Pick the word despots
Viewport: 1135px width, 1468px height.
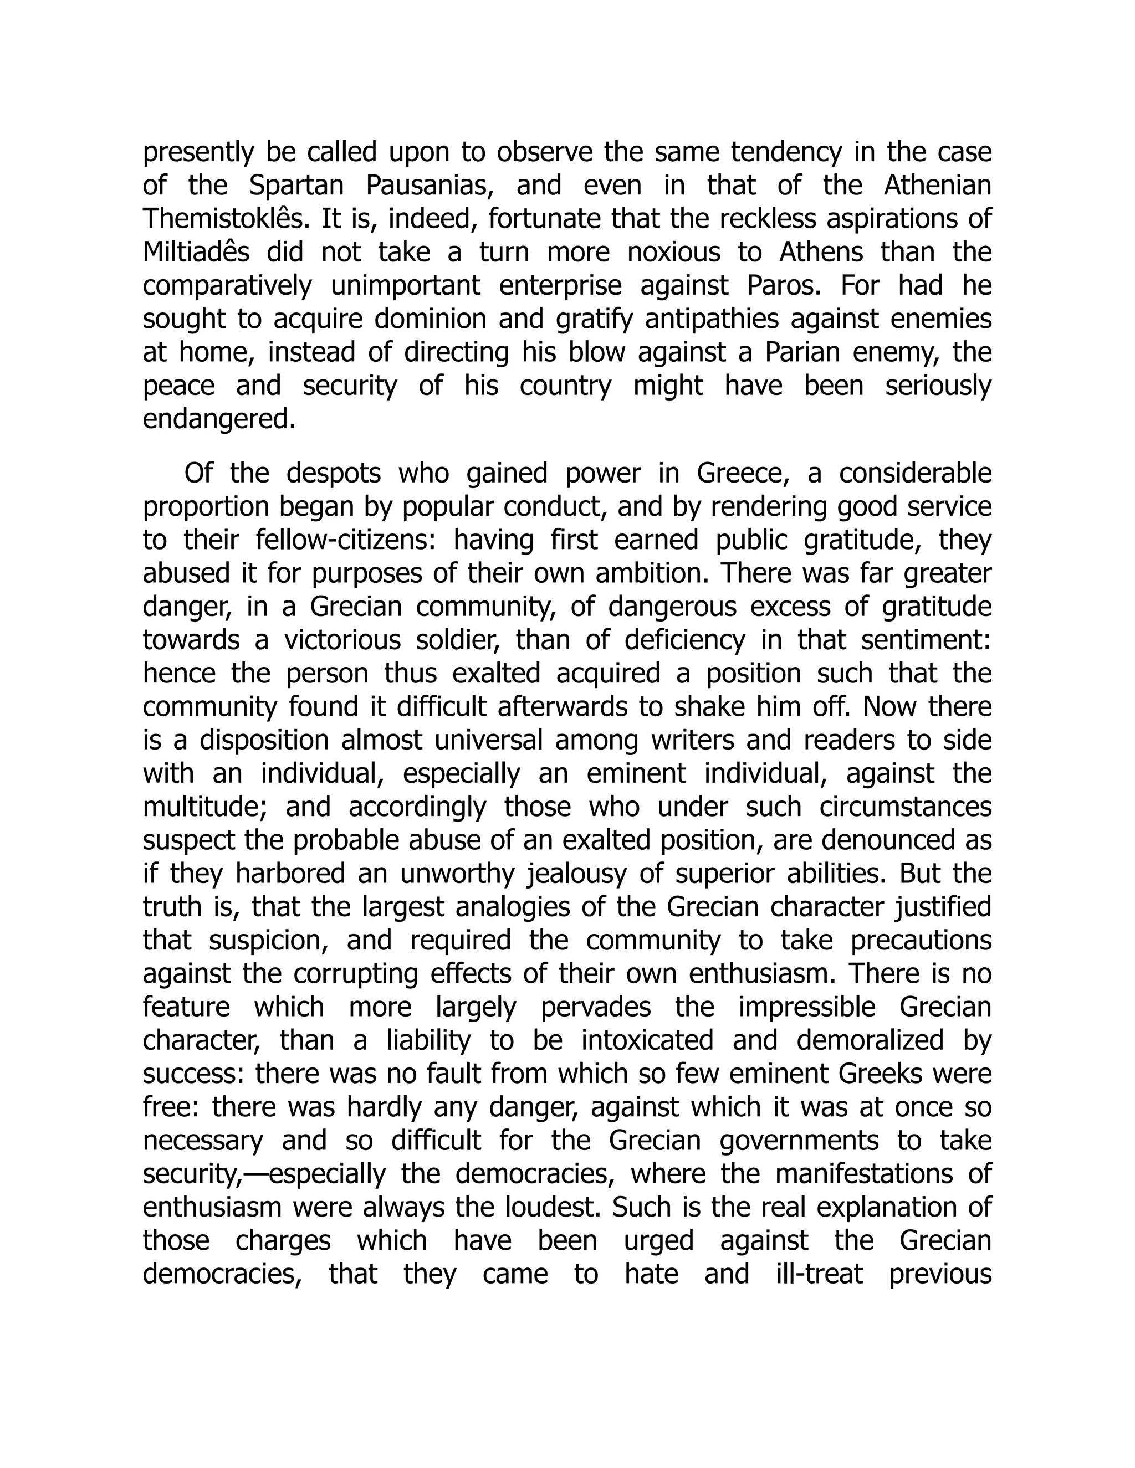334,474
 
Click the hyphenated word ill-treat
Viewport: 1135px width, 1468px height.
819,1275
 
